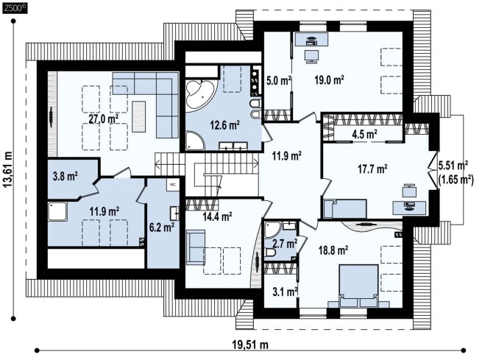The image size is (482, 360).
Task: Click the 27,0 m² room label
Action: click(104, 119)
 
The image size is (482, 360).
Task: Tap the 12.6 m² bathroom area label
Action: click(224, 125)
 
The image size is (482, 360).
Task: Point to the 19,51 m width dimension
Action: click(249, 345)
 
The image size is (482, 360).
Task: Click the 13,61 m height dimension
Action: click(8, 169)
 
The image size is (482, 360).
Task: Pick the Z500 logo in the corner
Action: click(15, 7)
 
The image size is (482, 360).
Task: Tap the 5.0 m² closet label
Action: click(278, 81)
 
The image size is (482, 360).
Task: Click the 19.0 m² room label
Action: click(329, 80)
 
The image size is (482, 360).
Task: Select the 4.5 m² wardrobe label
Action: click(364, 134)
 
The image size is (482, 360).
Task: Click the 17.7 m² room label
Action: click(372, 169)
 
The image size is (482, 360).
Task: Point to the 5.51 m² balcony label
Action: click(453, 165)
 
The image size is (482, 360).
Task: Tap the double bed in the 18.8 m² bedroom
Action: click(358, 286)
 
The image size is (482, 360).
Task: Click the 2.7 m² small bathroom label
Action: click(285, 244)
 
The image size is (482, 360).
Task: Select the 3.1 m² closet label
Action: click(285, 291)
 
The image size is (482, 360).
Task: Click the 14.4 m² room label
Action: click(217, 216)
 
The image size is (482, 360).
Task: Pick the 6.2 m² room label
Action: click(162, 227)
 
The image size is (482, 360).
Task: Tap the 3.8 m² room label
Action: click(65, 176)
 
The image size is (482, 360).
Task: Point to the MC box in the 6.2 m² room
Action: click(173, 185)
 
